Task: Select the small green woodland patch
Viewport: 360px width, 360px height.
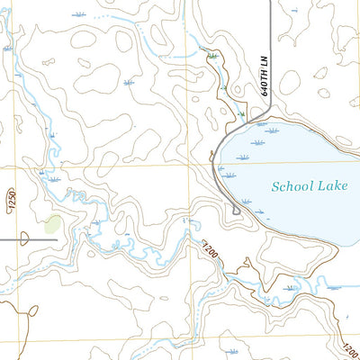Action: tap(54, 224)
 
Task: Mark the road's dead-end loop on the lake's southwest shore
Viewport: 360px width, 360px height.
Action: tap(236, 211)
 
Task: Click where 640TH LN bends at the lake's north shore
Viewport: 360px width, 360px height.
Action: tap(261, 116)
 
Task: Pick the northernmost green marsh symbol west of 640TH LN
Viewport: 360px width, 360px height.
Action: tap(212, 56)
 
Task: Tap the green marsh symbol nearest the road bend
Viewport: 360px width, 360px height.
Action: tap(242, 114)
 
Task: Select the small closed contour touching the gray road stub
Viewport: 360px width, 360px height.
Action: tap(25, 238)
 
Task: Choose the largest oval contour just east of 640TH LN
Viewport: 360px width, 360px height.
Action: tap(289, 83)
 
